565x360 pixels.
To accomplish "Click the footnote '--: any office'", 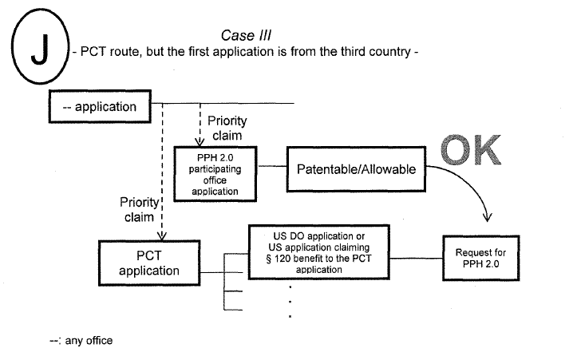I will pyautogui.click(x=81, y=340).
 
